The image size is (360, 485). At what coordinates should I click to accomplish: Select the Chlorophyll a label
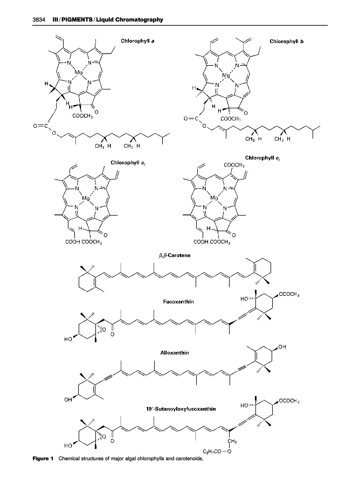[139, 40]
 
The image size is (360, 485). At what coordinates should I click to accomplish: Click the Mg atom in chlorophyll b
[227, 75]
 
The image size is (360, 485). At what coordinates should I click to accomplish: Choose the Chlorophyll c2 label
[261, 157]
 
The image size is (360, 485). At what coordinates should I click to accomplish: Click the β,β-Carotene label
[173, 253]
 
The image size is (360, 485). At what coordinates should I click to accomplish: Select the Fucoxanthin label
[178, 302]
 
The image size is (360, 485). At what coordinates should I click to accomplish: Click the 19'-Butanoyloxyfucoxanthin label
[181, 409]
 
